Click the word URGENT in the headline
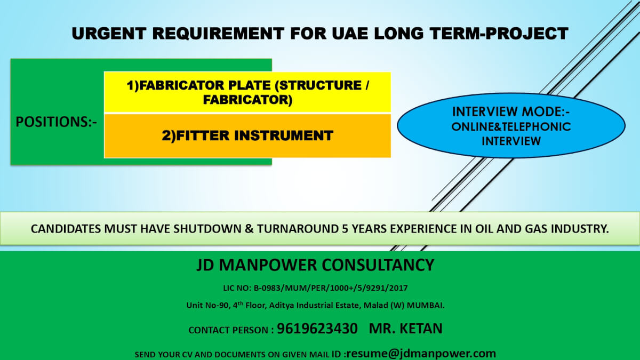point(110,34)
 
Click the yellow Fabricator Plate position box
point(247,92)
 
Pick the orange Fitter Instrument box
point(247,135)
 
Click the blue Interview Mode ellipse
point(511,126)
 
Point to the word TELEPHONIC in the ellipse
point(539,127)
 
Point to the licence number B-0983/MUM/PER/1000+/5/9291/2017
point(335,288)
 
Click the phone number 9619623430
point(317,329)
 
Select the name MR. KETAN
point(405,329)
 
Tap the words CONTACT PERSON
point(229,330)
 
